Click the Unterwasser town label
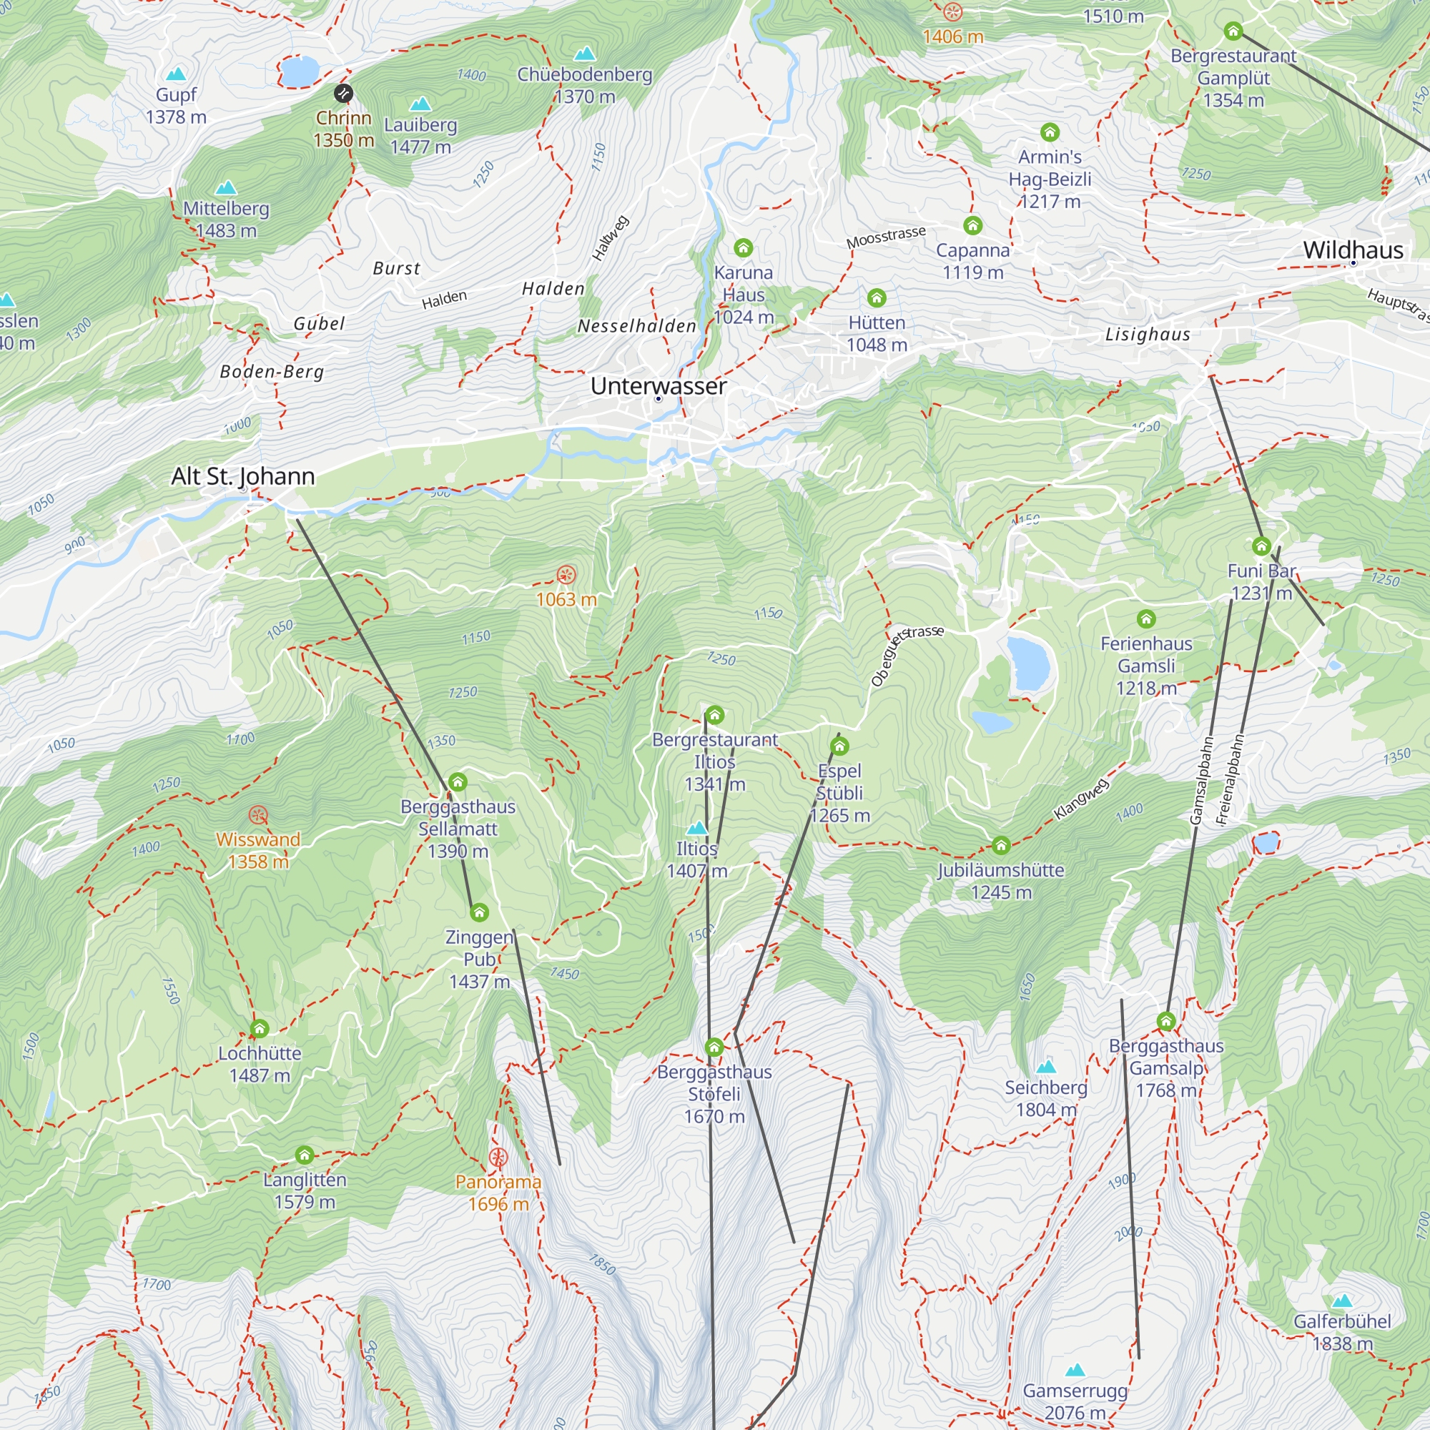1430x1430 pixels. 658,385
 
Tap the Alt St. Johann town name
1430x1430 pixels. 243,476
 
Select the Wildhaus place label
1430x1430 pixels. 1352,250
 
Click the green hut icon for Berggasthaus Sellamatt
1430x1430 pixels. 458,781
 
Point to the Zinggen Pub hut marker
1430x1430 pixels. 479,912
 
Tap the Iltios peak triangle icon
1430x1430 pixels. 696,827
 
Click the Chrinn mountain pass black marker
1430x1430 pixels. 343,93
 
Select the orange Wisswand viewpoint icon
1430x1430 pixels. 257,816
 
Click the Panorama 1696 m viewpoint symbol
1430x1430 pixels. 498,1158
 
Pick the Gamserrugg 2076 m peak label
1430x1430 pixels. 1075,1401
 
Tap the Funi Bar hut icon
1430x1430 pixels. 1261,546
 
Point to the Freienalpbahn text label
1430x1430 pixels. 1230,779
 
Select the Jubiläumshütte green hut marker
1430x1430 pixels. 1001,845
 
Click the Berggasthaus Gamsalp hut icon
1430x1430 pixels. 1165,1022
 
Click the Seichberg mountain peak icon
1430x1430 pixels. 1045,1067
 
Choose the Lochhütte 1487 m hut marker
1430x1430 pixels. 259,1029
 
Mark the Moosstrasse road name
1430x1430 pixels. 885,237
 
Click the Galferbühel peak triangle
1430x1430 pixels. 1342,1301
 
